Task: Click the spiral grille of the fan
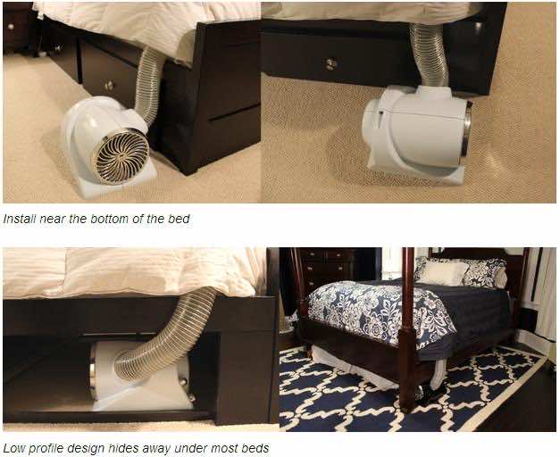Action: (x=120, y=155)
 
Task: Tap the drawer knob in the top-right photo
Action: (x=331, y=63)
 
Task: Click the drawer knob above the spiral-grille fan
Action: (x=109, y=85)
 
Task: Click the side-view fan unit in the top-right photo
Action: (x=415, y=132)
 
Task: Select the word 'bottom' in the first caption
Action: (x=117, y=219)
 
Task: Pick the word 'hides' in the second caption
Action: (x=120, y=447)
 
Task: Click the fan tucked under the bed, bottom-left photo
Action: (x=138, y=375)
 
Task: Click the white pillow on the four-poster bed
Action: (x=442, y=272)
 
